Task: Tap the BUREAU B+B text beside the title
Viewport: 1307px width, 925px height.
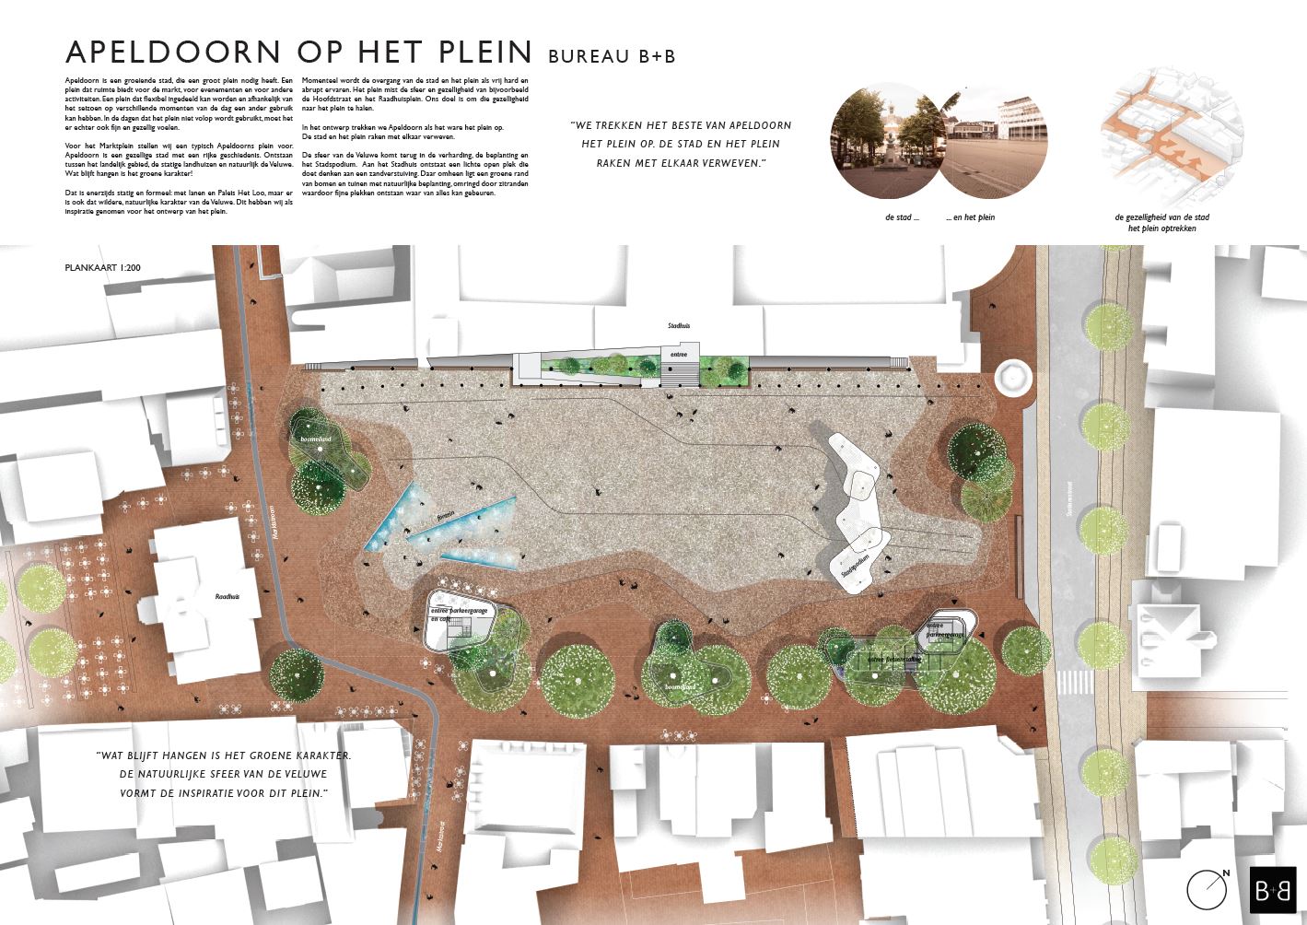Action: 612,56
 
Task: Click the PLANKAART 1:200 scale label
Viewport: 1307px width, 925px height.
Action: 102,268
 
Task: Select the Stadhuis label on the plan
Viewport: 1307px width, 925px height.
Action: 679,326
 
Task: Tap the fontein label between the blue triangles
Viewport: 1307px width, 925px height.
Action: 447,518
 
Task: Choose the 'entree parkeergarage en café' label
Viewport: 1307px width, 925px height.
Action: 458,615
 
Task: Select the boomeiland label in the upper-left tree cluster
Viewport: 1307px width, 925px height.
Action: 314,441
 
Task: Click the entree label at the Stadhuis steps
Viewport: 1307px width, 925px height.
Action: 679,353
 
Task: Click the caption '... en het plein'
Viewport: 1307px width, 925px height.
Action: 970,217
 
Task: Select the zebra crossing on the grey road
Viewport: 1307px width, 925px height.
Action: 1070,683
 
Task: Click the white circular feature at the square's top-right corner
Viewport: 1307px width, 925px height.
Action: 1012,377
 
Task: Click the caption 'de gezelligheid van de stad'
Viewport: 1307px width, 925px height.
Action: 1161,218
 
